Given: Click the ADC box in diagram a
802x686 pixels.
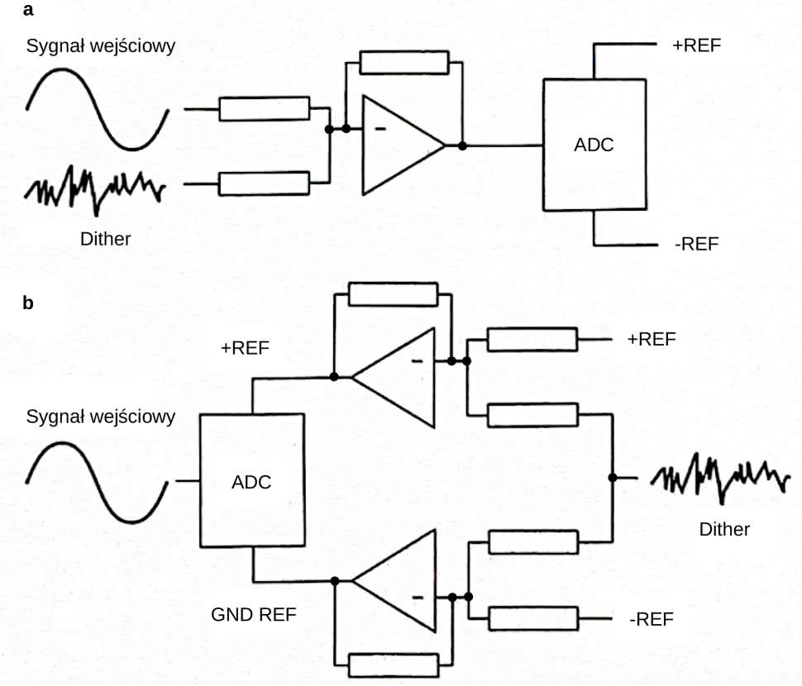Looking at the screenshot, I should click(594, 145).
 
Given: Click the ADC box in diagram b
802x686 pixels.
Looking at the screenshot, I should click(251, 480).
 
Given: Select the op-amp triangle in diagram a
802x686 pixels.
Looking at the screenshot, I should click(400, 145).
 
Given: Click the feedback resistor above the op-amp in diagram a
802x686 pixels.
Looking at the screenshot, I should click(404, 63).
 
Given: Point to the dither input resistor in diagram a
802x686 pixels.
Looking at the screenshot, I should click(264, 183).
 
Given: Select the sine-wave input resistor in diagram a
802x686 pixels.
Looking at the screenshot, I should click(264, 108).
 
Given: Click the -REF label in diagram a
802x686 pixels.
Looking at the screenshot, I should click(696, 245).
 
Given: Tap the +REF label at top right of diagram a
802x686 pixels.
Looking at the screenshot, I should click(697, 45).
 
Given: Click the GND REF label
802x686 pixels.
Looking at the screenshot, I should click(253, 616).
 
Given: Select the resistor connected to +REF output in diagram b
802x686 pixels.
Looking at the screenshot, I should click(532, 340).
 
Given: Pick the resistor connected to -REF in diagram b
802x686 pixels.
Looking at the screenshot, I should click(532, 618).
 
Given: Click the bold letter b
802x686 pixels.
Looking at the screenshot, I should click(29, 303).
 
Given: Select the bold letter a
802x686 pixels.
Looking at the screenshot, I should click(29, 11).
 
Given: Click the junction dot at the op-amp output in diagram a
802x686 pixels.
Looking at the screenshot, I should click(462, 145).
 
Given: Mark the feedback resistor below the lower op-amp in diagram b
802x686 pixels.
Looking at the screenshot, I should click(393, 664).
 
